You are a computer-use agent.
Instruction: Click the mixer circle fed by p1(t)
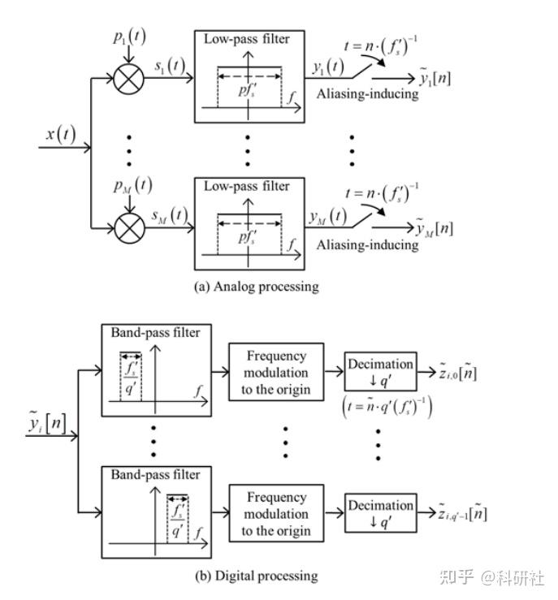(x=129, y=79)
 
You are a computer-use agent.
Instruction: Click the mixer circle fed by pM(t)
(x=130, y=228)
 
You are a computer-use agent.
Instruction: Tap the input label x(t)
(x=61, y=134)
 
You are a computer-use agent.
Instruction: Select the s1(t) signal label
(x=170, y=66)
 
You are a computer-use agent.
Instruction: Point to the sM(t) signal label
(x=170, y=215)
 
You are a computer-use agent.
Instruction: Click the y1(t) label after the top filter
(x=328, y=67)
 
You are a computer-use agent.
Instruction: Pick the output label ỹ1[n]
(x=435, y=77)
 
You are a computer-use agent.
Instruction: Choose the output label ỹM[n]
(x=435, y=227)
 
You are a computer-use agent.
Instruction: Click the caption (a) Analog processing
(x=257, y=287)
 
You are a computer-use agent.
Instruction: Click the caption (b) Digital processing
(x=257, y=576)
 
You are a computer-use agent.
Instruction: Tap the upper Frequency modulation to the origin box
(x=276, y=372)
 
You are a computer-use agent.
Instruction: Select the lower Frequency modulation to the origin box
(x=276, y=513)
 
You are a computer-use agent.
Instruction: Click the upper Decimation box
(x=380, y=371)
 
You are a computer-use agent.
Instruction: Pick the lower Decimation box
(x=380, y=513)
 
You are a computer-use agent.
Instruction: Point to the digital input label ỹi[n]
(x=46, y=422)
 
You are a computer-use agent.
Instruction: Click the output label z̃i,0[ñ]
(x=458, y=372)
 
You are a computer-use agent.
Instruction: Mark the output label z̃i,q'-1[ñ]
(x=463, y=513)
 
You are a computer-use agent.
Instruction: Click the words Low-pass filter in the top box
(x=246, y=39)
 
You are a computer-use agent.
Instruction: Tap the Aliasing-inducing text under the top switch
(x=367, y=94)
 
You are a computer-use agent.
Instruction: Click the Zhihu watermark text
(x=491, y=577)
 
